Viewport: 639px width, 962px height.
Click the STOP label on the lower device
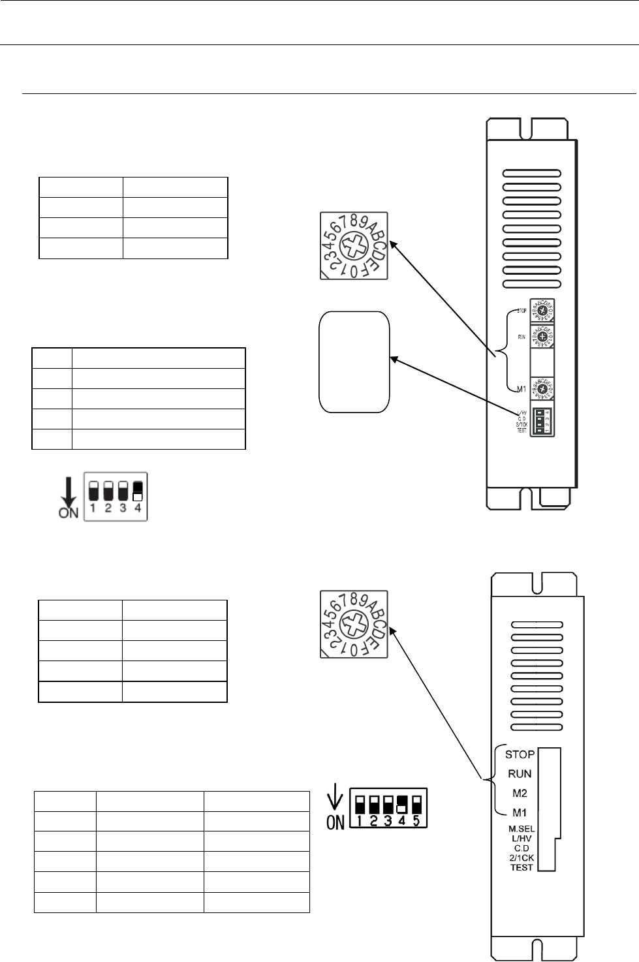520,754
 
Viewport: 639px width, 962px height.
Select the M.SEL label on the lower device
522,830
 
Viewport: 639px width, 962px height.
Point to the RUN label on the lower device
520,774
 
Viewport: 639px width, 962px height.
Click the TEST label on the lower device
522,867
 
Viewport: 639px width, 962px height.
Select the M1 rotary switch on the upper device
542,388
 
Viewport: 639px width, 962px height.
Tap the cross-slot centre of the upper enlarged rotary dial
354,246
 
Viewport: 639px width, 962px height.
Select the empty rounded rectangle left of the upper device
354,362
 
